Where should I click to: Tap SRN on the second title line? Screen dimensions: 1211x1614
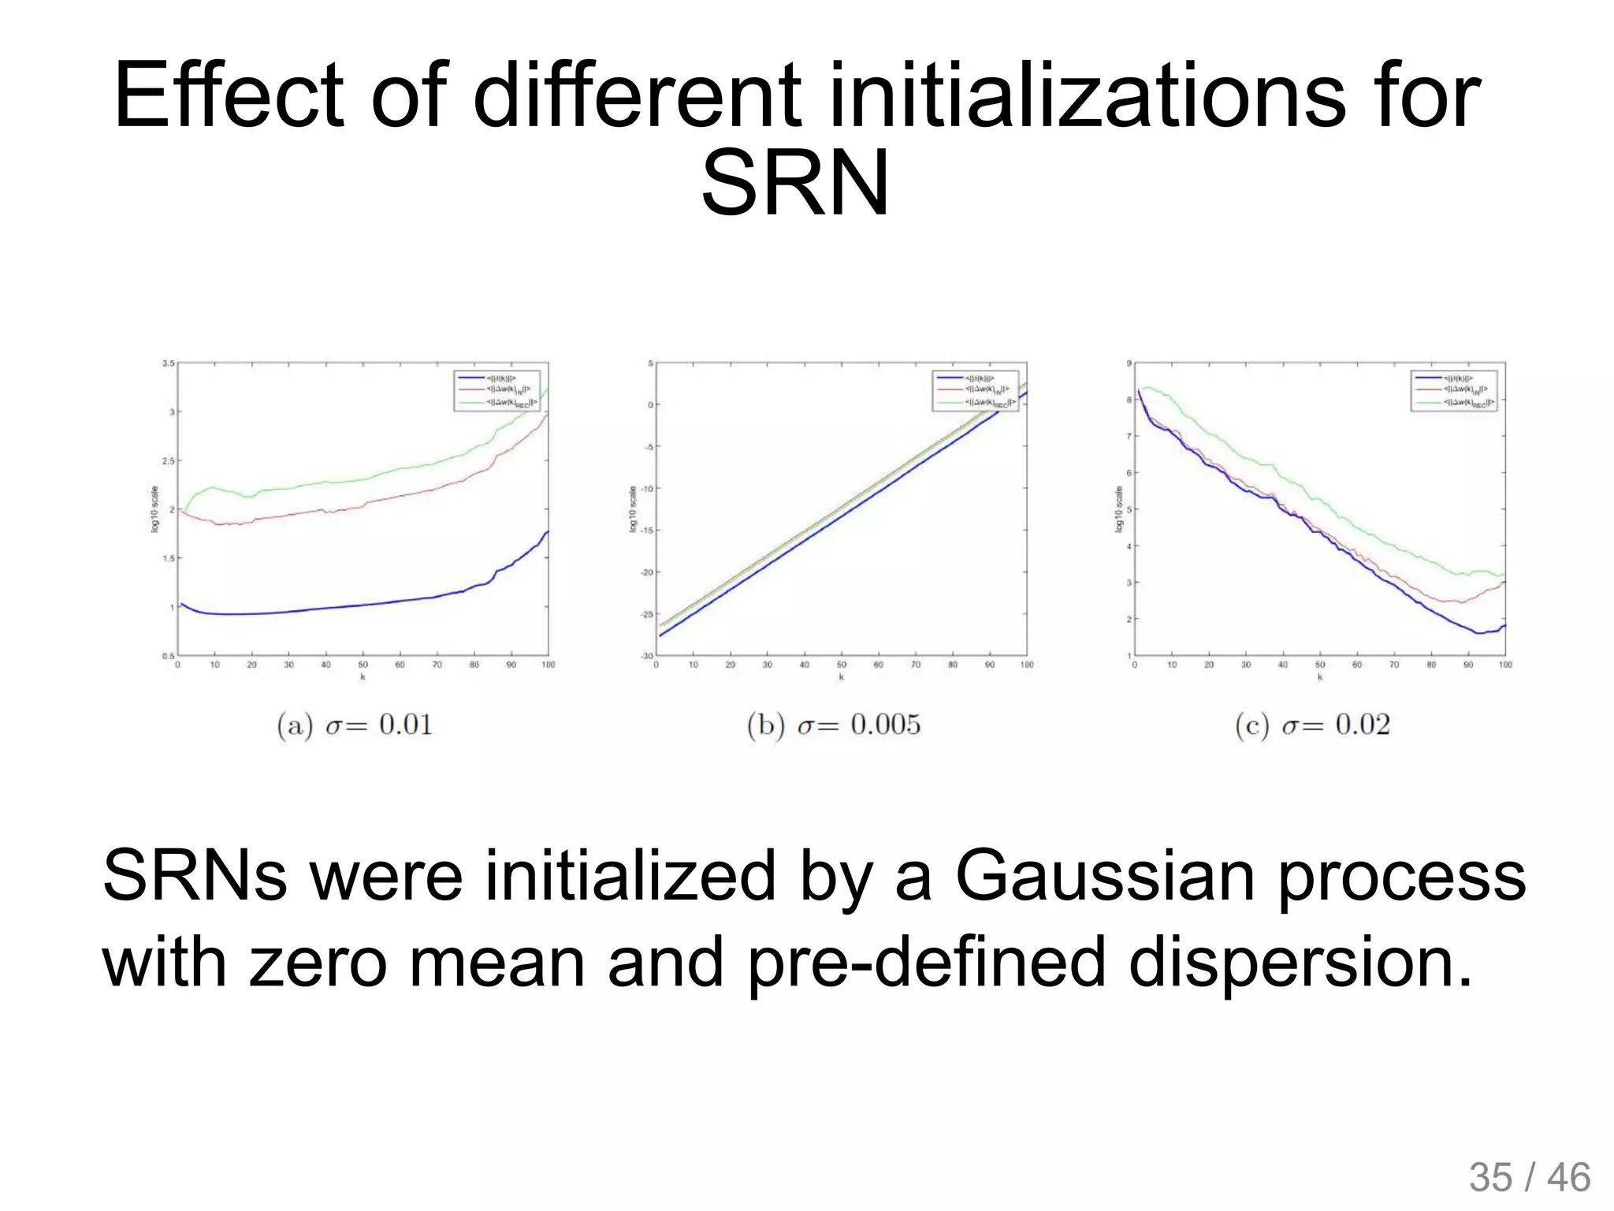click(795, 184)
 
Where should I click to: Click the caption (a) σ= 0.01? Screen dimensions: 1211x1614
click(355, 725)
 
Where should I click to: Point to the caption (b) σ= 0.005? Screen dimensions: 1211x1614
click(834, 725)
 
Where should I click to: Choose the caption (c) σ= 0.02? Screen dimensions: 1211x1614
click(1312, 725)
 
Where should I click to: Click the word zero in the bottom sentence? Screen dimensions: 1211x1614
click(318, 962)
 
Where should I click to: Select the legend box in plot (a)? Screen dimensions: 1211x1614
click(497, 390)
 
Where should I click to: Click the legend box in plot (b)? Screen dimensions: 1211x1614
click(976, 390)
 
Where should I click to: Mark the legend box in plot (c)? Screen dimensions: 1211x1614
click(1453, 390)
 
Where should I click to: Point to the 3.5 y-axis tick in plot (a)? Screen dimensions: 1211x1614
click(169, 363)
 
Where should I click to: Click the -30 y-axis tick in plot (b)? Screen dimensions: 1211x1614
click(647, 656)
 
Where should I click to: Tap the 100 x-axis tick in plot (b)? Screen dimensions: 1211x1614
click(1027, 665)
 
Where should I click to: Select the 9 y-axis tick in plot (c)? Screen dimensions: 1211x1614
click(1129, 363)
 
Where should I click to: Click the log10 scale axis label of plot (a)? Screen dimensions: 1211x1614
click(155, 509)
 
